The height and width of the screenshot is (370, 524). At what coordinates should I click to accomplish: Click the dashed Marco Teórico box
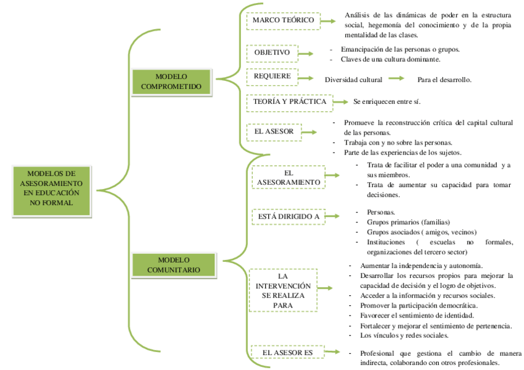[284, 20]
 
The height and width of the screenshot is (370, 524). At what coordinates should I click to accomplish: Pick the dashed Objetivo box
[272, 53]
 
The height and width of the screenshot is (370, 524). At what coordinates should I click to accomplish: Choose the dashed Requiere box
[272, 77]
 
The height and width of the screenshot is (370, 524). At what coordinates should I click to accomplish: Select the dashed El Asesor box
[274, 132]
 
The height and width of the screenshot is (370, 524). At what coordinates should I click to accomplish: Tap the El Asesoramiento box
[288, 177]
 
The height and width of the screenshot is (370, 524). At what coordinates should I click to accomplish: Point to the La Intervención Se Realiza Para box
[283, 290]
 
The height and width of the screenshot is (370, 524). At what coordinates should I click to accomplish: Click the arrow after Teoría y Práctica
[339, 101]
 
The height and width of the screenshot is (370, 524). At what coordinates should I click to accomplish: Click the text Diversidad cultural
[353, 80]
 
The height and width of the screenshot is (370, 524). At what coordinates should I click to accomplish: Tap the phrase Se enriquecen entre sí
[387, 101]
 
